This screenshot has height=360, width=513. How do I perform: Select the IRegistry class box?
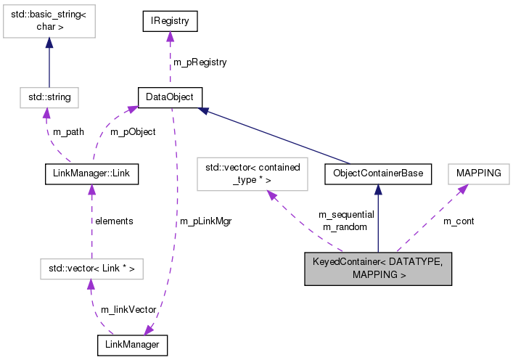pyautogui.click(x=170, y=22)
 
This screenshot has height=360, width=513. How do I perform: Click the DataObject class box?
pyautogui.click(x=170, y=97)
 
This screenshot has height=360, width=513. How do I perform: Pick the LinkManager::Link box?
pyautogui.click(x=91, y=174)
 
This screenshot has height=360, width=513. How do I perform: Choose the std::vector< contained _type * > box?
pyautogui.click(x=253, y=174)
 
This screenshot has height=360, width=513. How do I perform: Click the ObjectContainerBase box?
pyautogui.click(x=378, y=174)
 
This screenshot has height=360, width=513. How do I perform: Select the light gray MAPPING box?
pyautogui.click(x=478, y=174)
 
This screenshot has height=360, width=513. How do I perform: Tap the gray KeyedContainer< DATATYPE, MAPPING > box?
pyautogui.click(x=378, y=269)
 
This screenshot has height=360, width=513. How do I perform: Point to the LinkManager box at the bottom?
pyautogui.click(x=132, y=345)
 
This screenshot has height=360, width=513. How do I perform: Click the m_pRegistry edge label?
pyautogui.click(x=200, y=62)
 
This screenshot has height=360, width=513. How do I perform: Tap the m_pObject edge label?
pyautogui.click(x=132, y=132)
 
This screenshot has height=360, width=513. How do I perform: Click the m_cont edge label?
pyautogui.click(x=458, y=221)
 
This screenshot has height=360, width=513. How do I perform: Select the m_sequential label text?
pyautogui.click(x=346, y=215)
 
